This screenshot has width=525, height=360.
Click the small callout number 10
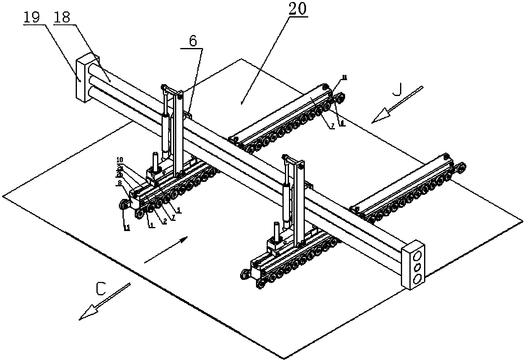121,160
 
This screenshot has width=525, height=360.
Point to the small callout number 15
127,228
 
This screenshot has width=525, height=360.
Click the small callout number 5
178,210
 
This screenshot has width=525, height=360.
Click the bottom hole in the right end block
417,278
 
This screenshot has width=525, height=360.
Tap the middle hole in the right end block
417,267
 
